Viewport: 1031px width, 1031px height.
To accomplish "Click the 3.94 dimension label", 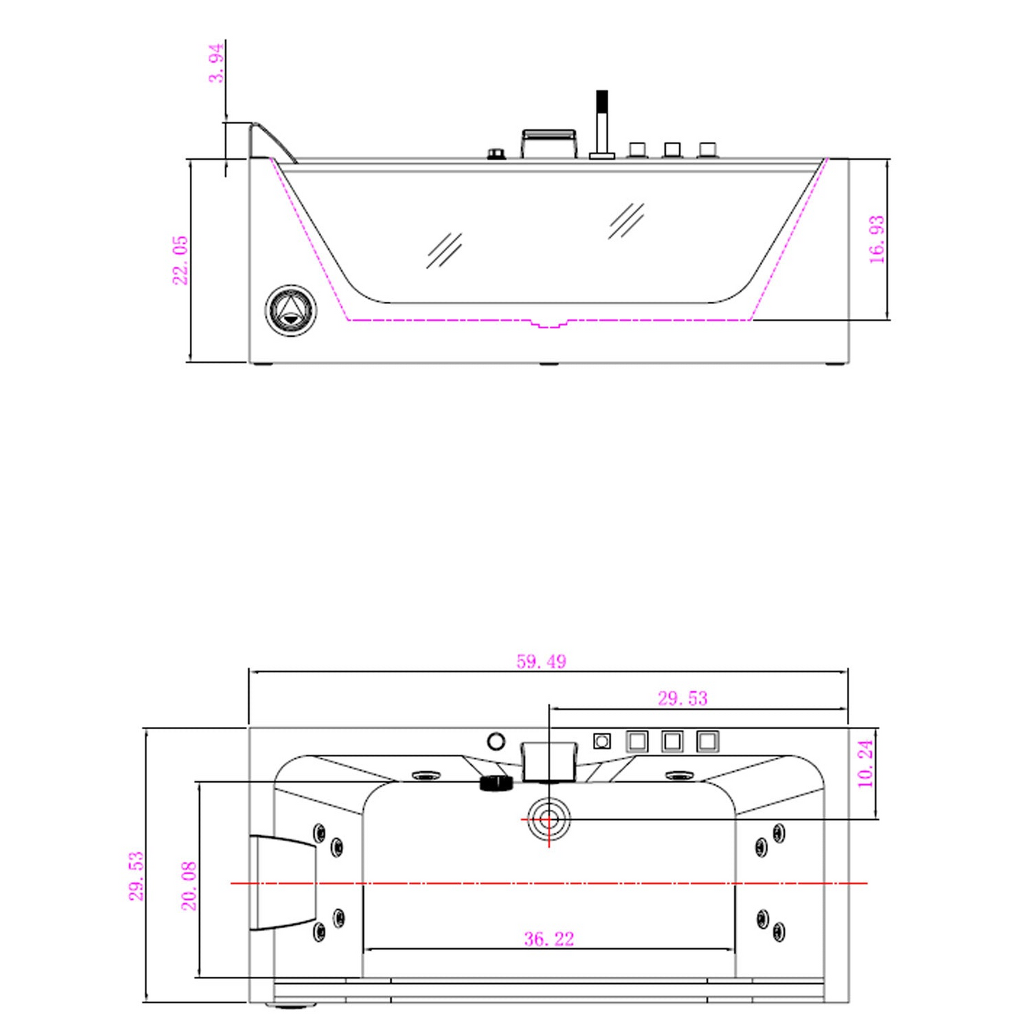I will point(216,63).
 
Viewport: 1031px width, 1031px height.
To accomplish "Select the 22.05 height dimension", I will point(180,260).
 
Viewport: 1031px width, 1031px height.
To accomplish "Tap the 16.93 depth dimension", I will point(877,240).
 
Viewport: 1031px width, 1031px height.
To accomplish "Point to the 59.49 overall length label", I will point(541,661).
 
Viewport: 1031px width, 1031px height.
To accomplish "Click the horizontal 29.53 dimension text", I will point(682,698).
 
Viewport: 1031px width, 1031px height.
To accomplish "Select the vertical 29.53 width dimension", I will point(136,875).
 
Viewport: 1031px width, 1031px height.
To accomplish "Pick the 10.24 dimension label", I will point(865,763).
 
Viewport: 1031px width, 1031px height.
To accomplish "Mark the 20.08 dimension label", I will point(189,885).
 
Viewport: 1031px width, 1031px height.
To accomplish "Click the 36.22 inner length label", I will point(549,939).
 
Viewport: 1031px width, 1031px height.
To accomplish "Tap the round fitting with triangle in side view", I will point(291,310).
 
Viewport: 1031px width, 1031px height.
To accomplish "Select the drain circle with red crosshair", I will point(549,819).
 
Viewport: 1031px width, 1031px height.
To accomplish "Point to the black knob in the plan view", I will point(497,783).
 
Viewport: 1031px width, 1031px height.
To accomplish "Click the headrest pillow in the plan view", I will point(283,883).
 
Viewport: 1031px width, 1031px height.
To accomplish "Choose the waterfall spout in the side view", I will point(549,143).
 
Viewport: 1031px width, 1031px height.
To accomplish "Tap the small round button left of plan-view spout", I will point(496,741).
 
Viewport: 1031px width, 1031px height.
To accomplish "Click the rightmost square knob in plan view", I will point(707,741).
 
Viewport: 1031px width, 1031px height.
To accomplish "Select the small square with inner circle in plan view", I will point(602,741).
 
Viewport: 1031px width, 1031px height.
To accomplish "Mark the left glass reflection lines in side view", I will point(444,250).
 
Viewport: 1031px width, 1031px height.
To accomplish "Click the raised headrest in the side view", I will point(271,141).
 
